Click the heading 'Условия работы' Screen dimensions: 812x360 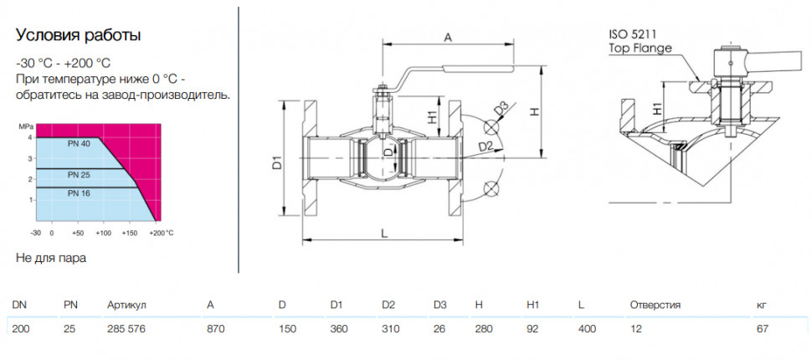(78, 36)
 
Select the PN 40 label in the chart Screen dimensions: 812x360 (79, 144)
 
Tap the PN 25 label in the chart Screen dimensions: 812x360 (79, 175)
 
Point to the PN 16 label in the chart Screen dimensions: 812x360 (79, 193)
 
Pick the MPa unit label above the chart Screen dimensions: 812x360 (25, 126)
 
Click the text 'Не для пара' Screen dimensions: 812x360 (51, 258)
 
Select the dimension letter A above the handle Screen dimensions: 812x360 (449, 37)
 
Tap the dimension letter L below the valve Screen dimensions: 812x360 (383, 234)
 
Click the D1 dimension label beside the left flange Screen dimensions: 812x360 (277, 162)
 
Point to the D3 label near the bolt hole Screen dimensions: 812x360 (501, 110)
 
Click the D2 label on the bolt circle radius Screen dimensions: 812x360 (485, 147)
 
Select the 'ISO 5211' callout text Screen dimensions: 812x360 (632, 35)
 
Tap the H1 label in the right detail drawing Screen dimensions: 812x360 (656, 108)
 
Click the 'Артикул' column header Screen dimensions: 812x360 (127, 305)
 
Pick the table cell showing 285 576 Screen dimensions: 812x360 (126, 329)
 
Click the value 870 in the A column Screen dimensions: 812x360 (215, 329)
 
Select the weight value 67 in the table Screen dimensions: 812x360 (763, 329)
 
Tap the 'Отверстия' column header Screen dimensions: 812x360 (655, 305)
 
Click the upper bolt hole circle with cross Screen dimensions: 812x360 (490, 127)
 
